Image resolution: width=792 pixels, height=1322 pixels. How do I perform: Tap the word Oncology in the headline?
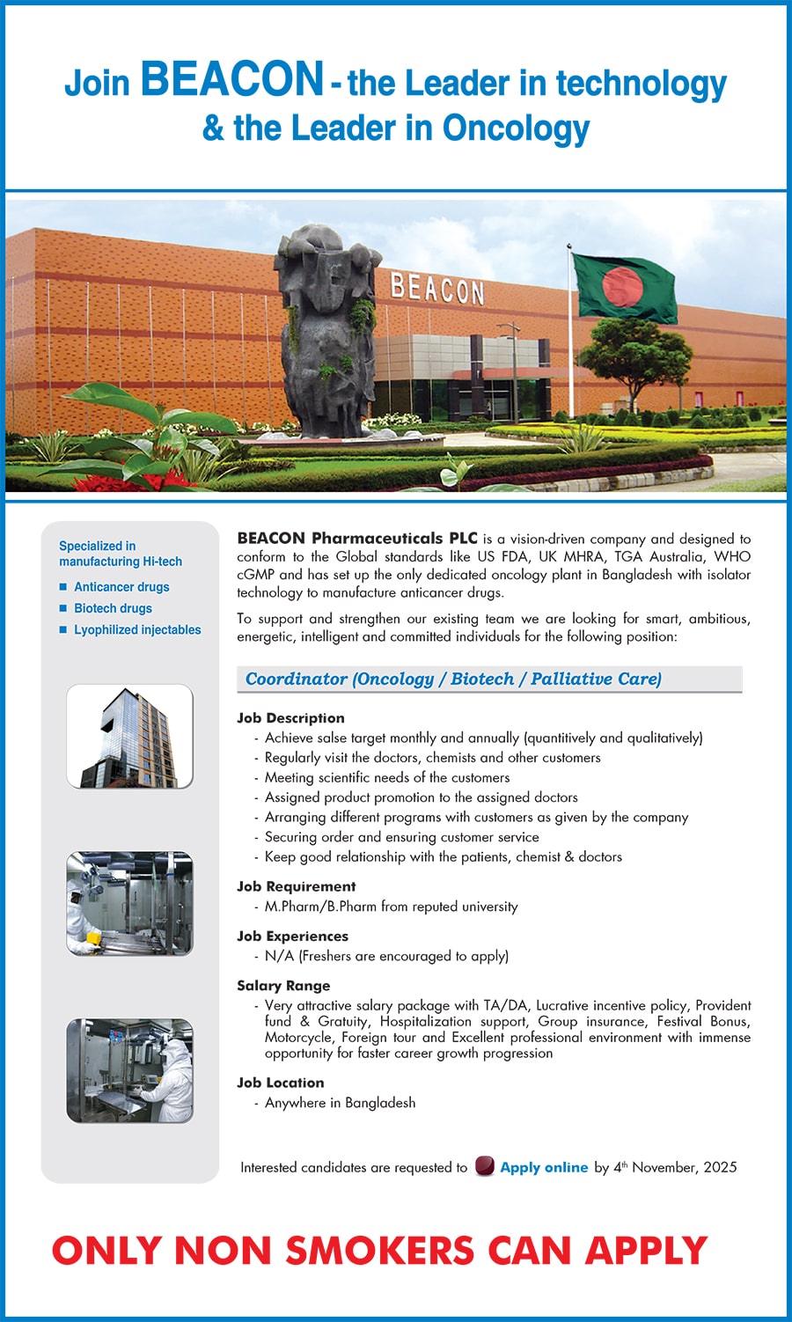516,129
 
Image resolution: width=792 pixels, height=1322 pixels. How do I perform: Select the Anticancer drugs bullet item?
121,587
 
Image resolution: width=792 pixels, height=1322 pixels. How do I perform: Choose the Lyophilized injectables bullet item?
137,630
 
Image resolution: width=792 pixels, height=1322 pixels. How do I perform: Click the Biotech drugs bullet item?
113,608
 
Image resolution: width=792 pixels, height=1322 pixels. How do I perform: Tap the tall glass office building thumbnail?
129,736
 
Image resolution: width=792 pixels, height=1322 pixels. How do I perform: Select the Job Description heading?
290,718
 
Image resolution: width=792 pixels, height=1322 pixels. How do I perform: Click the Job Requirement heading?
296,886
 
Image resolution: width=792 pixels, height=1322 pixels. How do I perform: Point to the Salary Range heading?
283,986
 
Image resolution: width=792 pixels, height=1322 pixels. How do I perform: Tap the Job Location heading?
280,1083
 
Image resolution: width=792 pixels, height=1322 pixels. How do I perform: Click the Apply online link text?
544,1167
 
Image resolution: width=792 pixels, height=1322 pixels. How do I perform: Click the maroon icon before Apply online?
484,1166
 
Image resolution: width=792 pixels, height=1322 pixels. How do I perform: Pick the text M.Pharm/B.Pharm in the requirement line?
320,907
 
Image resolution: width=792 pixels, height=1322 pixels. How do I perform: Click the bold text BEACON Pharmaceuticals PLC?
357,538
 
